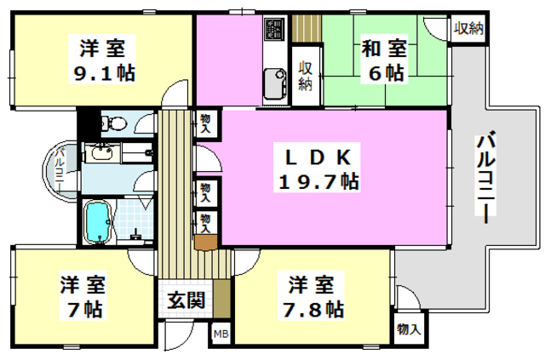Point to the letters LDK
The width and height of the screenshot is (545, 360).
[x=315, y=157]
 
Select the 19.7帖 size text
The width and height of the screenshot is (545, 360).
[x=315, y=181]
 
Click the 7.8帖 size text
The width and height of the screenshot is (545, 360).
[x=315, y=308]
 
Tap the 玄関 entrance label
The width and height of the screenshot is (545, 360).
[x=185, y=300]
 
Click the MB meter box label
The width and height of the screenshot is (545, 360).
[x=221, y=334]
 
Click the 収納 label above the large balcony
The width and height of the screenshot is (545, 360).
[x=468, y=28]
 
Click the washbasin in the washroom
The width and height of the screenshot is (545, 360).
[x=103, y=153]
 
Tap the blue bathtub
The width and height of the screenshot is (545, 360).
[x=100, y=221]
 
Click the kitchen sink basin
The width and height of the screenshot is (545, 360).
[x=277, y=83]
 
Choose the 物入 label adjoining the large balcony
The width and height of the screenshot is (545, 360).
[x=410, y=328]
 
